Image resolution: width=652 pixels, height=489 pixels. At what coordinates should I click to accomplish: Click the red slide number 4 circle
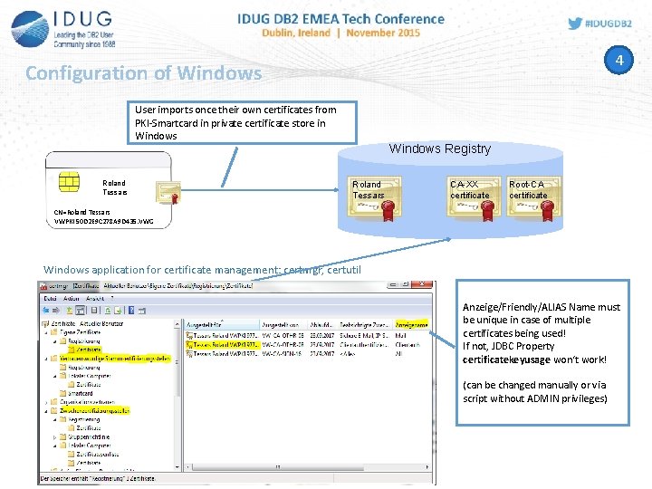tap(619, 61)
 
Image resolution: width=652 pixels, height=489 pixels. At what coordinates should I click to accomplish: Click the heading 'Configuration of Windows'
tap(143, 72)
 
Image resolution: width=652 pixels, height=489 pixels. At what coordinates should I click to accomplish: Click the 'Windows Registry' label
tap(439, 149)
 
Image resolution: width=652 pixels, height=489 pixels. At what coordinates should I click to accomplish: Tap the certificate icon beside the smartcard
tap(168, 191)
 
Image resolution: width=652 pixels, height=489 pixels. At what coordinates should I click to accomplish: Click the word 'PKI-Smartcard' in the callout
tap(165, 123)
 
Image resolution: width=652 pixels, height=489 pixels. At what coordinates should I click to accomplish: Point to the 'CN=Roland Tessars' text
tap(82, 212)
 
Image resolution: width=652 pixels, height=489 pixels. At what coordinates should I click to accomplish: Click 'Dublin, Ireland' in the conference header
tap(294, 33)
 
